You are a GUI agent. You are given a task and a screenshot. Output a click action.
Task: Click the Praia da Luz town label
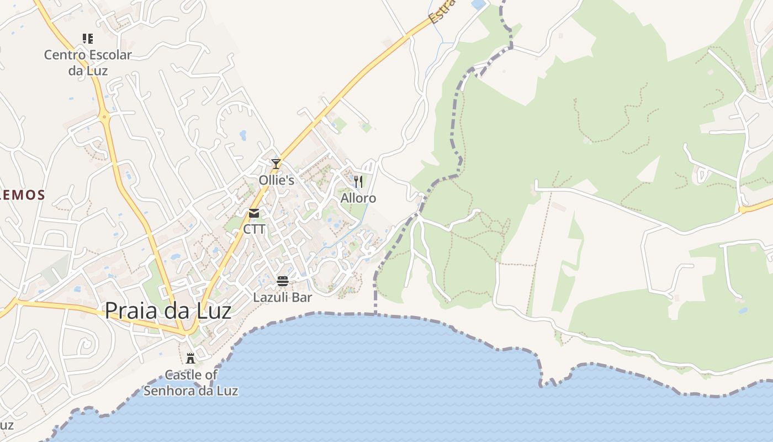pos(168,311)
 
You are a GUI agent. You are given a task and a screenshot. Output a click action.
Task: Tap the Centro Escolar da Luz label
pos(88,62)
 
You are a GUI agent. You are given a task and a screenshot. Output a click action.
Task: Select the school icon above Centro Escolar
pos(88,39)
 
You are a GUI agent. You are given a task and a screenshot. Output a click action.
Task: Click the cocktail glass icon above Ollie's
pos(276,164)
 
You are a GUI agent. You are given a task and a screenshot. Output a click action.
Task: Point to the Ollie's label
pos(276,180)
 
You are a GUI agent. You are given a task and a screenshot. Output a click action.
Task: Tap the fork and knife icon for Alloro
pos(358,181)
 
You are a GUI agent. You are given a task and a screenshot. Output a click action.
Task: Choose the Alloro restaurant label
pos(358,198)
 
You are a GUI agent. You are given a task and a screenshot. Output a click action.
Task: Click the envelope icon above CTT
pos(254,213)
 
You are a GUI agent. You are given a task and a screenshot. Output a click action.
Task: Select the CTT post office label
pos(254,229)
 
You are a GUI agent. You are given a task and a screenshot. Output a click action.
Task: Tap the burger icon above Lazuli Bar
pos(283,281)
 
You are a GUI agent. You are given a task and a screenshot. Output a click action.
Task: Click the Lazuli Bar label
pos(283,297)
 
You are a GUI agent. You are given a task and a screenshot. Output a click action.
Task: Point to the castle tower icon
pos(190,358)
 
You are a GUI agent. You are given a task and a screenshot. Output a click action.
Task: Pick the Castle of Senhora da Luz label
pos(191,382)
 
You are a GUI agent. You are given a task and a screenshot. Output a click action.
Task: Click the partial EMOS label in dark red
pos(22,194)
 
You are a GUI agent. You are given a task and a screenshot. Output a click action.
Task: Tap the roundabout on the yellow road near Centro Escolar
pos(104,117)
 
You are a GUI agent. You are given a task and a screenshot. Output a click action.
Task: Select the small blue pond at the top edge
pos(478,4)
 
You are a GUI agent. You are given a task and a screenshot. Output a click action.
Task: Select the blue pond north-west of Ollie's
pos(243,135)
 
